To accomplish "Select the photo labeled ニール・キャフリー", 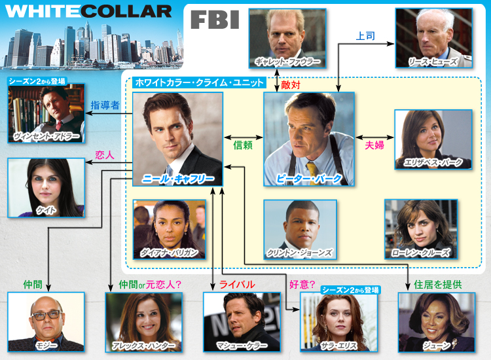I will (x=177, y=138).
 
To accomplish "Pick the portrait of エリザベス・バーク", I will (x=433, y=138).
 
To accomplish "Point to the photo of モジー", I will (x=46, y=321).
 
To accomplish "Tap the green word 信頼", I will (x=243, y=146).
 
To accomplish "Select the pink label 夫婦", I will (x=374, y=146).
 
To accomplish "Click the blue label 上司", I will (x=365, y=35).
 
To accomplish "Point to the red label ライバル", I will (x=237, y=284).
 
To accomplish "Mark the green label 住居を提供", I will (x=438, y=284).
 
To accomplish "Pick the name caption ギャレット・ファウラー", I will (x=287, y=62).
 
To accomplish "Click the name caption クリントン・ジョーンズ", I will (x=300, y=253).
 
